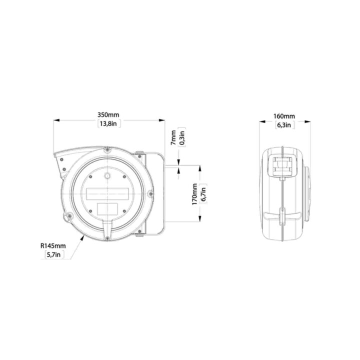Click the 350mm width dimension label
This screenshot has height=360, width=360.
pyautogui.click(x=108, y=114)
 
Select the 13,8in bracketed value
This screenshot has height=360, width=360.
pyautogui.click(x=108, y=123)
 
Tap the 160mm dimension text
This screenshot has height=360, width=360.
pyautogui.click(x=284, y=116)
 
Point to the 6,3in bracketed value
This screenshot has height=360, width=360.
pyautogui.click(x=284, y=125)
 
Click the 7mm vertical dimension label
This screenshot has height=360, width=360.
pyautogui.click(x=173, y=137)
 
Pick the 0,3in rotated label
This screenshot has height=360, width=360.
pyautogui.click(x=181, y=137)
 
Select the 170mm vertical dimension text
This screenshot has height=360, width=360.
pyautogui.click(x=194, y=194)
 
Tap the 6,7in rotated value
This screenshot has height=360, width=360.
pyautogui.click(x=203, y=194)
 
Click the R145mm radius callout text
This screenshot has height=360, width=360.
pyautogui.click(x=53, y=246)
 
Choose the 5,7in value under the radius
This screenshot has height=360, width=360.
pyautogui.click(x=53, y=254)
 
